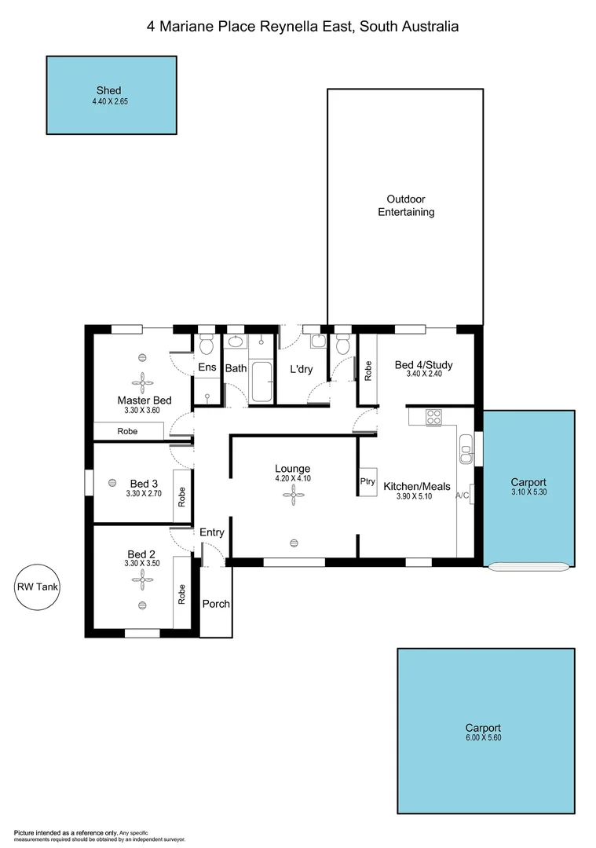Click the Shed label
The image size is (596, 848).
coord(108,90)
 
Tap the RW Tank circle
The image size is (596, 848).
coord(37,587)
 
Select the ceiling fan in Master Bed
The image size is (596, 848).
coord(144,382)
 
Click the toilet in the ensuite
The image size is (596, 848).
coord(207,345)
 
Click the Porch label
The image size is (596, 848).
coord(216,604)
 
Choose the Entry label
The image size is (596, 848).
coord(212,532)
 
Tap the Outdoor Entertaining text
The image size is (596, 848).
coord(406,206)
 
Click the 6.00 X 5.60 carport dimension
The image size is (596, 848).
coord(482,739)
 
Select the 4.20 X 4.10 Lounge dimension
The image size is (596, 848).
coord(292,479)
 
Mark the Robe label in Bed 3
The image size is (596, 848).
coord(181,496)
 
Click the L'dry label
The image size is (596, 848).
coord(302,369)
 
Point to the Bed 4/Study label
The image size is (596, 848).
coord(423,365)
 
